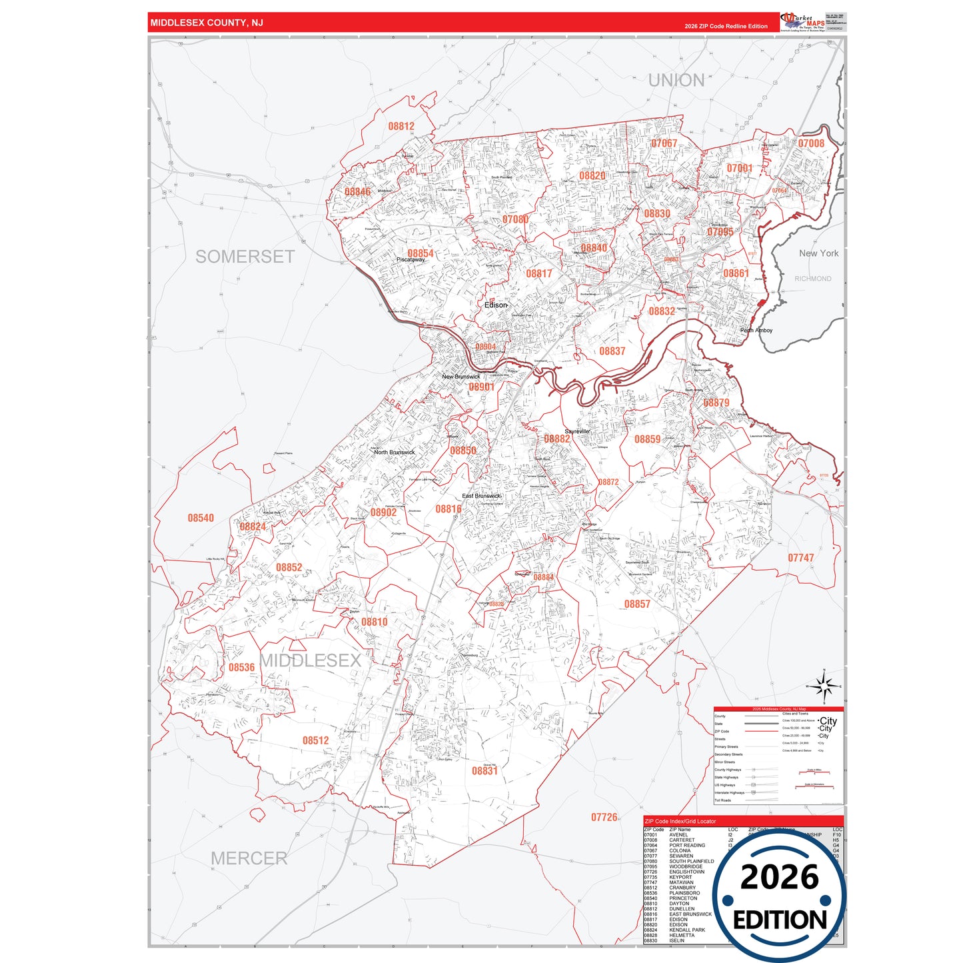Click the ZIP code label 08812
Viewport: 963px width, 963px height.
401,126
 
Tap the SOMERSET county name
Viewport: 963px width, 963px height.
245,257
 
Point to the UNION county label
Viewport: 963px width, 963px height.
676,81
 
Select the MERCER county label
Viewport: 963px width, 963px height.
249,858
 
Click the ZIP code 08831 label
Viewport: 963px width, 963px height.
484,771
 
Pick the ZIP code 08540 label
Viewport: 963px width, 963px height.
201,518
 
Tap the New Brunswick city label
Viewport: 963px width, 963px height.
461,377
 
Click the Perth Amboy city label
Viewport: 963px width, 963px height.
756,330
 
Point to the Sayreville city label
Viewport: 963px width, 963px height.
577,431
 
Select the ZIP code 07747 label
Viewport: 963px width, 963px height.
800,558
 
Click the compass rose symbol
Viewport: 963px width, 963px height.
824,686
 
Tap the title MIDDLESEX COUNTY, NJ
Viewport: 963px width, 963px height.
207,23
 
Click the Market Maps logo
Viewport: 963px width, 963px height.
802,22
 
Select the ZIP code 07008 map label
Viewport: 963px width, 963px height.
811,143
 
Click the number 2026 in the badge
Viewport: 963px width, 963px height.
779,877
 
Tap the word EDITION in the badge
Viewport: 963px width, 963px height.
779,920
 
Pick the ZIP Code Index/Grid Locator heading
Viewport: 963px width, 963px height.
680,821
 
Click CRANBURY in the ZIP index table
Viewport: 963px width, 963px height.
682,888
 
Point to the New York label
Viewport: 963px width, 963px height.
818,253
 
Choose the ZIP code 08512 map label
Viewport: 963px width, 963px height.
315,740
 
